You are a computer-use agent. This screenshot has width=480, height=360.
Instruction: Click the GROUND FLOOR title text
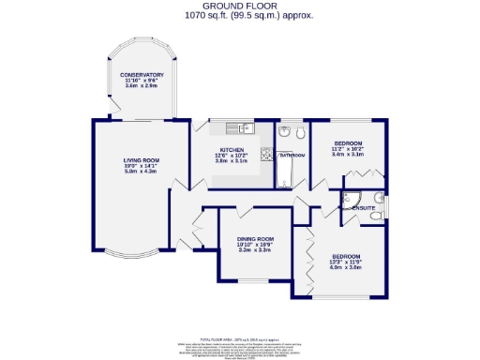coord(240,6)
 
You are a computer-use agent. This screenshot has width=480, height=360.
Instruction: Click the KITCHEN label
coord(232,150)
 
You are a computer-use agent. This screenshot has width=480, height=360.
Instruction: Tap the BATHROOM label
coord(291,154)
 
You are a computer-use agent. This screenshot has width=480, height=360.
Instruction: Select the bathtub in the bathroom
coord(285,169)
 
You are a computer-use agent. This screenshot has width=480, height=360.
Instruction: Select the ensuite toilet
coord(375,216)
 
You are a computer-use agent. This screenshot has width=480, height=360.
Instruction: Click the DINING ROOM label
coord(254,238)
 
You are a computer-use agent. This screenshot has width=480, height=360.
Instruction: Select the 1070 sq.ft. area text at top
coord(240,15)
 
